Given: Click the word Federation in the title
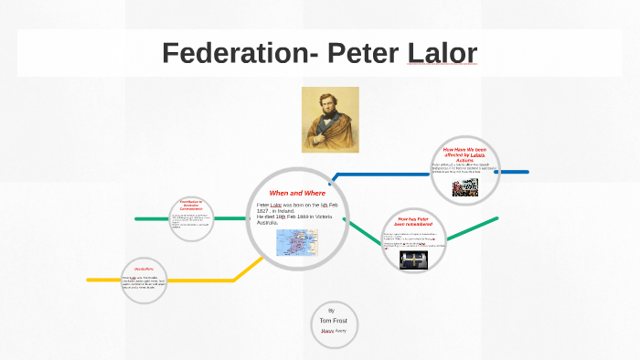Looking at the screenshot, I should click(x=232, y=53).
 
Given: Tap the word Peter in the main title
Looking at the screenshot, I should click(x=361, y=53).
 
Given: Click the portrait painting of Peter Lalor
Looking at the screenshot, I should click(x=330, y=120).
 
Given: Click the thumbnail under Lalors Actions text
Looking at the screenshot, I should click(x=465, y=188).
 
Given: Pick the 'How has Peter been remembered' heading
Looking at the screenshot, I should click(x=414, y=222).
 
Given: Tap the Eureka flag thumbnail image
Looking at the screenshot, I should click(x=414, y=259).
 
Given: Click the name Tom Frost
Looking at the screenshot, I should click(x=331, y=321).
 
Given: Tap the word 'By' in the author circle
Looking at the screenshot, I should click(x=331, y=311).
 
